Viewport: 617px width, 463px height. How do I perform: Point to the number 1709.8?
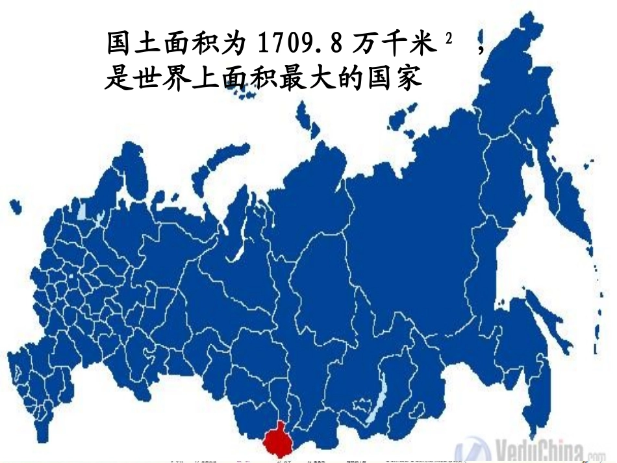[x=300, y=44]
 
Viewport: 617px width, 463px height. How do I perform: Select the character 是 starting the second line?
[x=117, y=78]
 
